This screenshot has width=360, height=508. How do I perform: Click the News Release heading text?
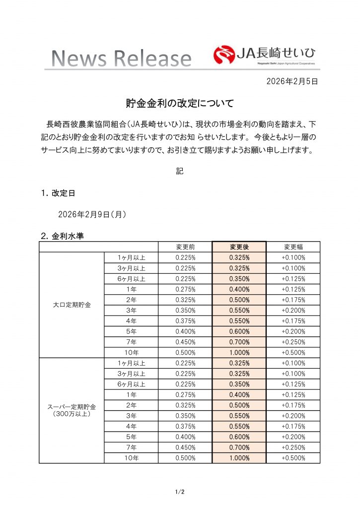(122, 59)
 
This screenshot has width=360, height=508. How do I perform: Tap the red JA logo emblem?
(224, 55)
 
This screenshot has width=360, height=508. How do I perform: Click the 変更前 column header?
(185, 247)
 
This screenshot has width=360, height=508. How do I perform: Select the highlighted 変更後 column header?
(239, 247)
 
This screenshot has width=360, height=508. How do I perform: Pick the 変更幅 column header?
(293, 247)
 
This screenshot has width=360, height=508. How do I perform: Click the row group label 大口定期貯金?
(72, 305)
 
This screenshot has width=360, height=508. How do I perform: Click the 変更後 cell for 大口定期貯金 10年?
(239, 352)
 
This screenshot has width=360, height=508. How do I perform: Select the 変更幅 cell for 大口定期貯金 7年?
(293, 342)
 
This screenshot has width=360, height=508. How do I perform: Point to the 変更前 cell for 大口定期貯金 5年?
(185, 331)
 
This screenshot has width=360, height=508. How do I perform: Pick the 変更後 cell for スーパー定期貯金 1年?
(239, 394)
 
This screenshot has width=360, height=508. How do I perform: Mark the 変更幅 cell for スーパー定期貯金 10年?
(293, 458)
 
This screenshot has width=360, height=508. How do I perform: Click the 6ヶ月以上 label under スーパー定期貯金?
(131, 384)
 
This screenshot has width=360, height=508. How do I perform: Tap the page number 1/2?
(180, 492)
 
